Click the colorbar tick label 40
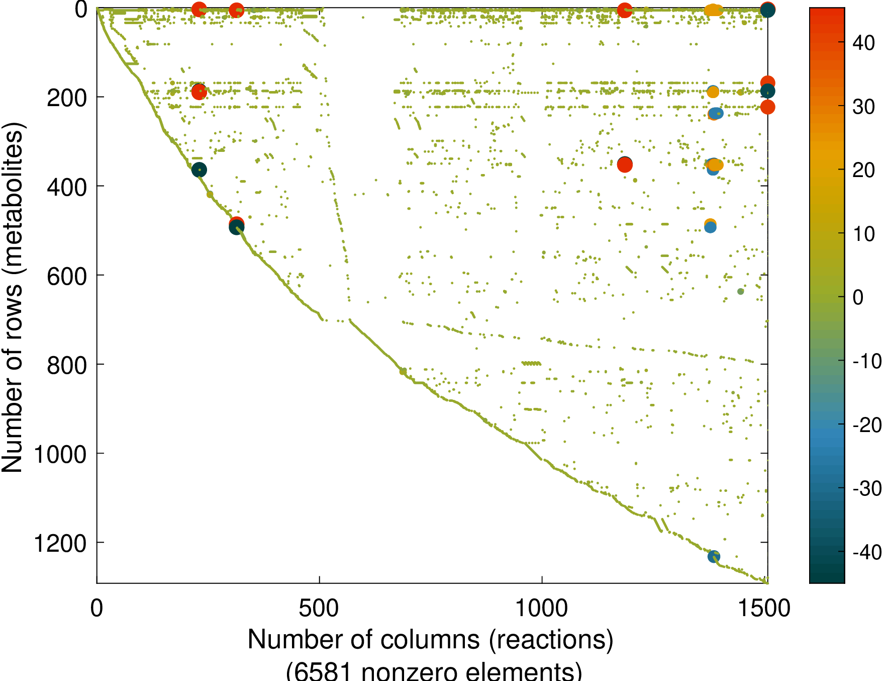[x=864, y=43]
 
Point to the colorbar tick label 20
[x=864, y=171]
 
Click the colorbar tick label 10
[x=864, y=234]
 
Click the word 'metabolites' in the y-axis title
[x=14, y=201]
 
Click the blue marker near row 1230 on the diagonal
[x=714, y=556]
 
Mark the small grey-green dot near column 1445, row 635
[x=740, y=291]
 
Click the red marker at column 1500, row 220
[x=767, y=107]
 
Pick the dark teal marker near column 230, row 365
[x=199, y=170]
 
